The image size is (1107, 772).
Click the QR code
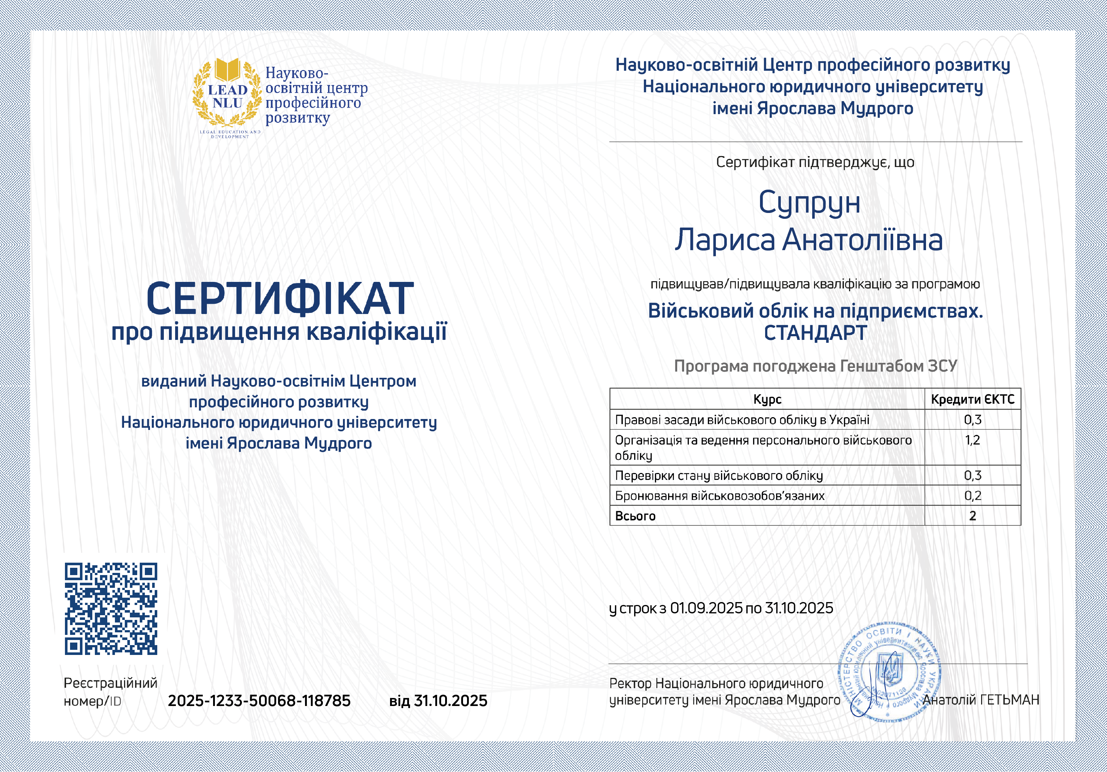(111, 608)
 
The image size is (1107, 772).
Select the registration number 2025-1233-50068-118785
(259, 700)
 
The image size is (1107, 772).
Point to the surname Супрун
(809, 202)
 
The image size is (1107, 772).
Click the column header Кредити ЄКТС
(972, 399)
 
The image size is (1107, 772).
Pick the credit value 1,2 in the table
(972, 440)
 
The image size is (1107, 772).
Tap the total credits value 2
(972, 516)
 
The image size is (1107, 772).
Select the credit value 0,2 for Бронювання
(972, 495)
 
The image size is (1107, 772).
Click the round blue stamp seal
(890, 672)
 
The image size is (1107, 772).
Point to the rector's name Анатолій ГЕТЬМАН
(981, 700)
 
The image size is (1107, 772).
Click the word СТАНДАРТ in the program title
(815, 333)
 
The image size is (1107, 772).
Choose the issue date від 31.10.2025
(438, 700)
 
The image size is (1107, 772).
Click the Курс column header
(767, 399)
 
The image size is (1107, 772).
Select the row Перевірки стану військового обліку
(718, 476)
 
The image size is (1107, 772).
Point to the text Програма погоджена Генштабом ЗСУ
(815, 366)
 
